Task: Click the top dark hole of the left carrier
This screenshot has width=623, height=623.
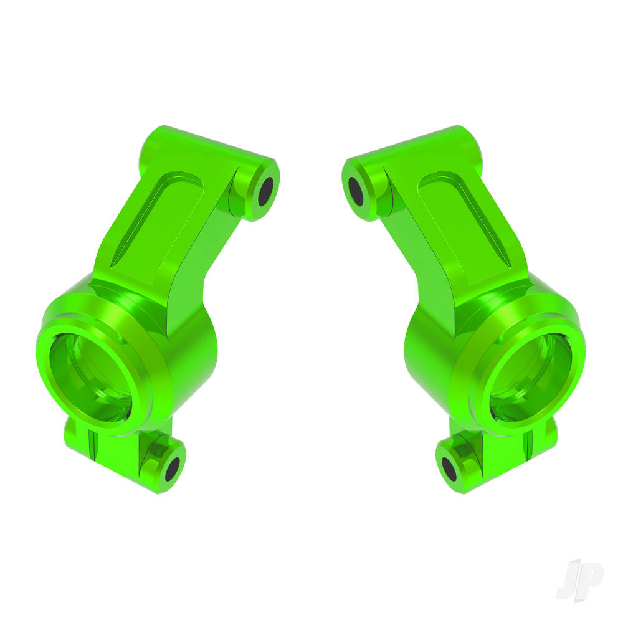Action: (265, 191)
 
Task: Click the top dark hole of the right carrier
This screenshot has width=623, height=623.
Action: (356, 191)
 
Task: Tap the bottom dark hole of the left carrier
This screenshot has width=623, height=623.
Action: (173, 469)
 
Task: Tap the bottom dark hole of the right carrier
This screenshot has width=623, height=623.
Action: (449, 469)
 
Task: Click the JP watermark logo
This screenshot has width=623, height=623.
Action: (579, 581)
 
